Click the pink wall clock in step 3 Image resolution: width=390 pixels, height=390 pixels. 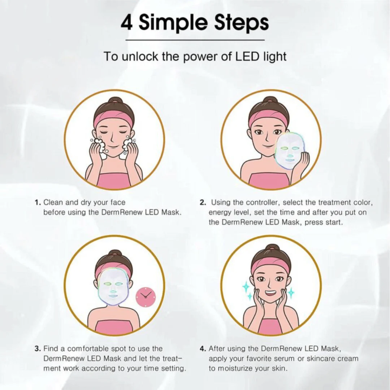146,297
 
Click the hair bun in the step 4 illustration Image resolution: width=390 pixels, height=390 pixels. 271,248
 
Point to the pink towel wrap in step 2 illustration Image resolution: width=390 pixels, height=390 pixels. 269,180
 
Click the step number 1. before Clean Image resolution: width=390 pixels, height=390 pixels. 38,203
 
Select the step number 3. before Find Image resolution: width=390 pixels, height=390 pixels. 38,349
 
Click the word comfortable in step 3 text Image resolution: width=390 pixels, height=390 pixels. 89,349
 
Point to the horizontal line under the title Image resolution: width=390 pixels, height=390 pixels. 195,40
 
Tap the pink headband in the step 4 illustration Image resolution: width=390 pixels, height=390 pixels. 270,265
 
